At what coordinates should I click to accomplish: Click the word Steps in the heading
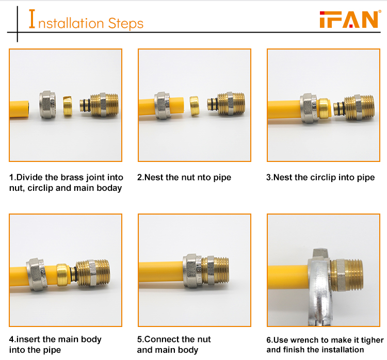(x=125, y=24)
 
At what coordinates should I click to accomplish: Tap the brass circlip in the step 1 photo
(x=68, y=106)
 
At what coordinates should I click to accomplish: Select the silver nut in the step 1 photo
(x=47, y=105)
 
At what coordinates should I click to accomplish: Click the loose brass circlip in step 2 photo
(x=195, y=106)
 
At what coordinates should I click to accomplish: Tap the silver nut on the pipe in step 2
(x=162, y=106)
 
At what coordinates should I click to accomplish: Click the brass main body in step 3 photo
(x=354, y=107)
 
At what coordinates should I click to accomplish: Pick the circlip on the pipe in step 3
(x=324, y=108)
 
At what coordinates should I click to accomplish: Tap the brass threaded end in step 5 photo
(x=216, y=270)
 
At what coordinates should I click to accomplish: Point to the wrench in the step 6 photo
(x=319, y=286)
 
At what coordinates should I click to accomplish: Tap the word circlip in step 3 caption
(x=323, y=177)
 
